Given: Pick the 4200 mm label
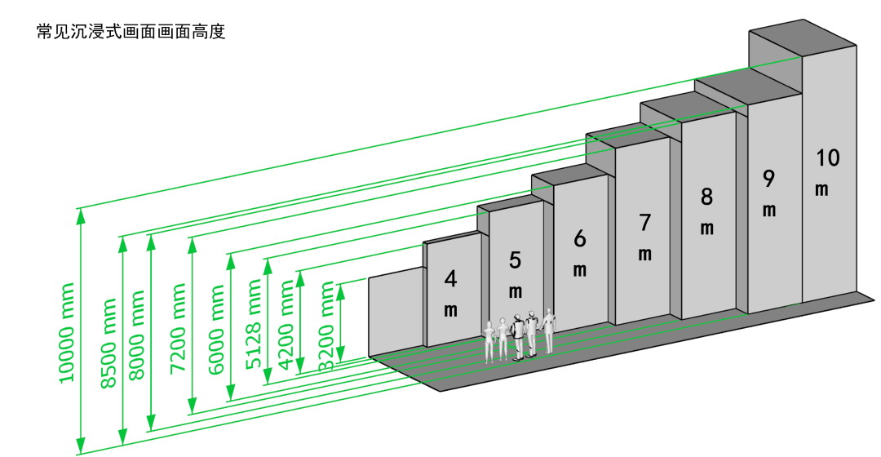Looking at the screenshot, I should click(x=286, y=325).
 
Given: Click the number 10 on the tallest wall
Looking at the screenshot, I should click(x=826, y=158).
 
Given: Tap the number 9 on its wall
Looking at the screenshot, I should click(x=768, y=179).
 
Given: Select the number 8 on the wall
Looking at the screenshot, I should click(x=706, y=197).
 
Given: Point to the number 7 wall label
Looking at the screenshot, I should click(x=644, y=221).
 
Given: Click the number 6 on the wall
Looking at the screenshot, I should click(x=579, y=238).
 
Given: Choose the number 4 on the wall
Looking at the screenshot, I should click(x=450, y=279).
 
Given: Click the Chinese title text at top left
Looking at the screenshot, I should click(x=131, y=33).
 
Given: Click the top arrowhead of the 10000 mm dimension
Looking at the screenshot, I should click(x=80, y=215).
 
